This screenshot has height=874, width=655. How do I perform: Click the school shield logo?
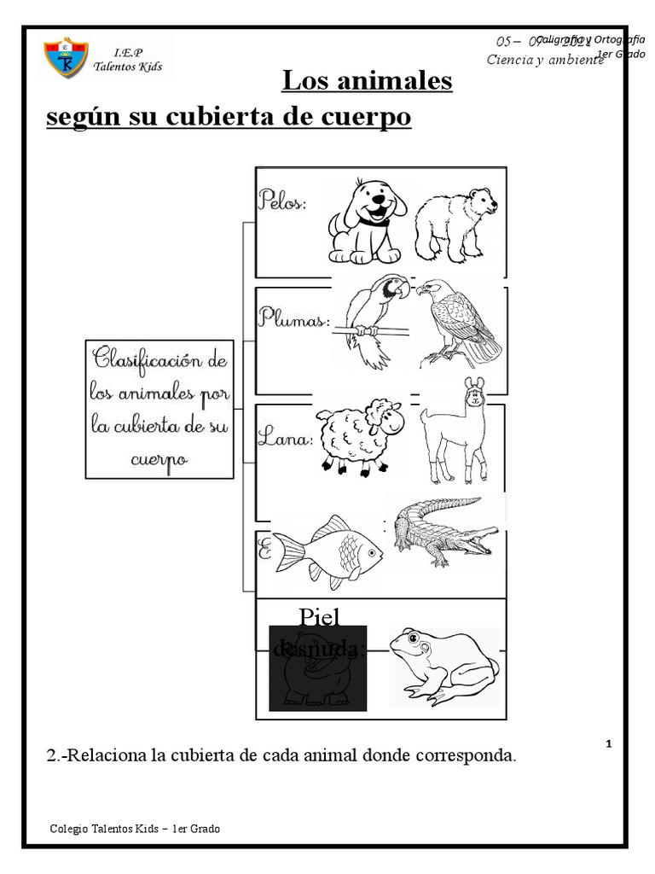coord(66,56)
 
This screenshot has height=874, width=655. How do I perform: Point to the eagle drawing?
coord(459,323)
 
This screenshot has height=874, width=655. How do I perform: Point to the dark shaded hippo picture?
coord(317,667)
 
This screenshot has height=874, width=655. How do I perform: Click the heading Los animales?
coord(367,82)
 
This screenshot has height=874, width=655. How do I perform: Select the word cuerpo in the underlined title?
coord(367,117)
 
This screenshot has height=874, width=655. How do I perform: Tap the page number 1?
coord(609,744)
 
